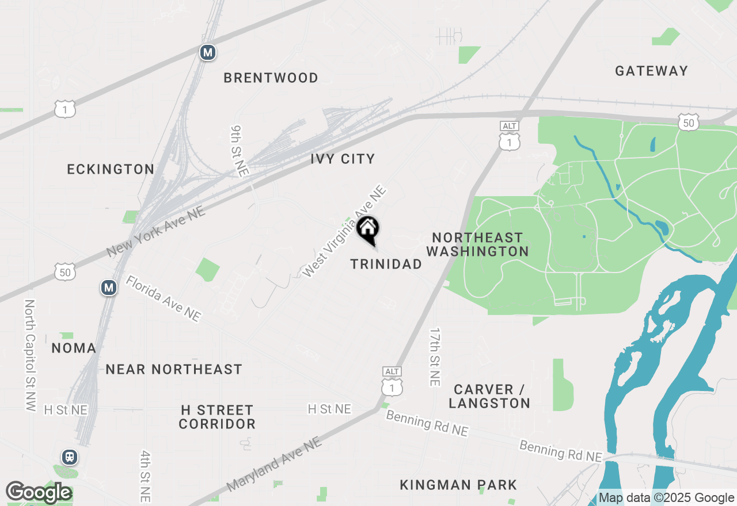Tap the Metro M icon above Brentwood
(208, 53)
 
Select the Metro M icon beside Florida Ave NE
(109, 287)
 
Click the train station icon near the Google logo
(70, 457)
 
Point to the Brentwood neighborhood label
(271, 78)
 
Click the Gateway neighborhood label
(651, 71)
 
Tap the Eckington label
(111, 169)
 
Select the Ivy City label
(343, 159)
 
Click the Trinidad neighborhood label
(386, 264)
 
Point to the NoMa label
(74, 348)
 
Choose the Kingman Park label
(458, 485)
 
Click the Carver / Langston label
(489, 396)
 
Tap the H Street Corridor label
(216, 417)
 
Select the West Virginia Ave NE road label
(343, 231)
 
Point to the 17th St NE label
(435, 357)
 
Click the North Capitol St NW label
(31, 355)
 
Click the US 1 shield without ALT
(65, 109)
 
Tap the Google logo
(39, 493)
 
